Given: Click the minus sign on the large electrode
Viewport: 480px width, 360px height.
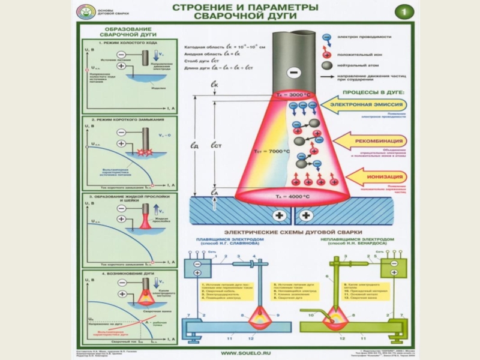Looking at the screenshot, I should coord(292,73).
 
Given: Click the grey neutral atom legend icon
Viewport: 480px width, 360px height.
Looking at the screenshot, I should coord(327,65).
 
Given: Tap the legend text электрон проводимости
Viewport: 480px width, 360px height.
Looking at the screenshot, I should coord(364,37).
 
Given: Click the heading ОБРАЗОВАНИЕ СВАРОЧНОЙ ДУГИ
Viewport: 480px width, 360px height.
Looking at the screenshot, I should coord(127,32).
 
